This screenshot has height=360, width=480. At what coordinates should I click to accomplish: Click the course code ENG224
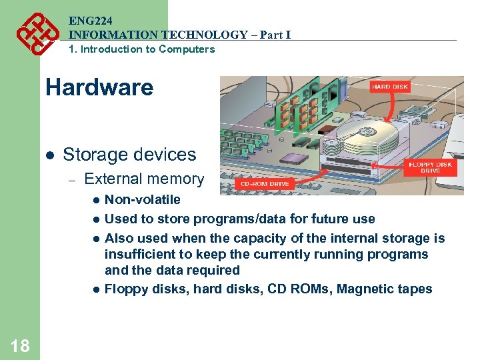[89, 21]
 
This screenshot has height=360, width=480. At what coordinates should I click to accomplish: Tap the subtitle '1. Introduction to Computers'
[141, 49]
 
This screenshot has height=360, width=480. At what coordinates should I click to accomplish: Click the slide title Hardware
[99, 87]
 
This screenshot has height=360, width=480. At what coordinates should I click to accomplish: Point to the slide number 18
[20, 345]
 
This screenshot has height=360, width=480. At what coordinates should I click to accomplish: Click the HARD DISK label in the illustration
[391, 87]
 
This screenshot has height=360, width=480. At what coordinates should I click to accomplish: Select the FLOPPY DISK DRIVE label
[430, 167]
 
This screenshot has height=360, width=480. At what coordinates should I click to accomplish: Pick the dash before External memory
[73, 179]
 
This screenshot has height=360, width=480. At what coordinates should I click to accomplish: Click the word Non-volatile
[143, 199]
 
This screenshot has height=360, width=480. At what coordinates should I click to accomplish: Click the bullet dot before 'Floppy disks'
[96, 289]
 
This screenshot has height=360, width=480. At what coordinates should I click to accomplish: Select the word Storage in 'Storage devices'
[96, 155]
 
